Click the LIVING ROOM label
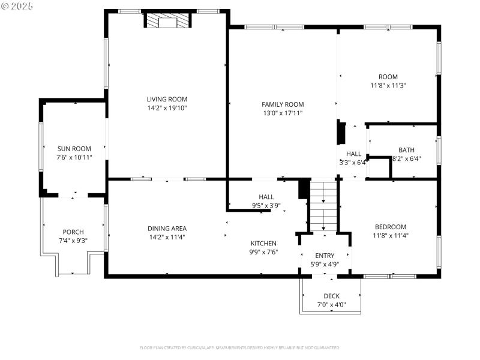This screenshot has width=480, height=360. (x=167, y=100)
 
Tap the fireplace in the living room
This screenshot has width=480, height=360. (x=167, y=22)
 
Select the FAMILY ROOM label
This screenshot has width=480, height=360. (x=283, y=104)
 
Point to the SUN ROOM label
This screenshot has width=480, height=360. (x=74, y=148)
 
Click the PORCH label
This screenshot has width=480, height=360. (x=73, y=232)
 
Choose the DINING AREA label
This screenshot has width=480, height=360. (x=167, y=228)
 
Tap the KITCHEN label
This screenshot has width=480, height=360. (x=263, y=243)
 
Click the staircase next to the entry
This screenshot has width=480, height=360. (x=324, y=206)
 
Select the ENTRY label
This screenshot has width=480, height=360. (x=325, y=256)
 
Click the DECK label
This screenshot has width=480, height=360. (x=331, y=296)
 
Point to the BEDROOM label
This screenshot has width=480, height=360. (x=390, y=227)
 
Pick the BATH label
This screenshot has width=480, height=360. (x=406, y=150)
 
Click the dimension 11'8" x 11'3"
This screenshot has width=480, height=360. (x=388, y=85)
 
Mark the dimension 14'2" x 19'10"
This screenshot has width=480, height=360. (x=167, y=109)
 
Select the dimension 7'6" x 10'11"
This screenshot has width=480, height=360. (x=74, y=157)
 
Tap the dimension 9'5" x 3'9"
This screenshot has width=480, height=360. (x=266, y=206)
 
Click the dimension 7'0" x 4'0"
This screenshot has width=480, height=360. (x=331, y=305)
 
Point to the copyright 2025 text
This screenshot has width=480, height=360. (x=18, y=6)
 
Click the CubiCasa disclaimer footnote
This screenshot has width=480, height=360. (x=240, y=347)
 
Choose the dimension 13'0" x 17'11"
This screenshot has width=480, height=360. (x=283, y=113)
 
